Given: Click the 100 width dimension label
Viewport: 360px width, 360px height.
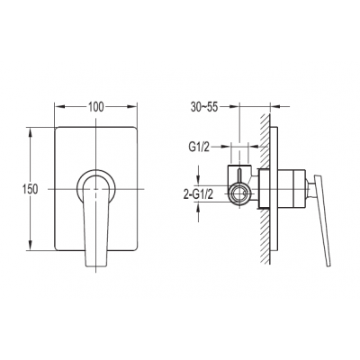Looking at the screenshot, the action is point(95,107).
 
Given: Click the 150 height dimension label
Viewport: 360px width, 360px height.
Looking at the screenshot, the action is point(30,189).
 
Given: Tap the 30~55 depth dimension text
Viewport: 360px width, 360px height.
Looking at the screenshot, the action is point(205,107).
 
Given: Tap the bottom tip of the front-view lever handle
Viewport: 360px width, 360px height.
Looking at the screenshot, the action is point(95,266).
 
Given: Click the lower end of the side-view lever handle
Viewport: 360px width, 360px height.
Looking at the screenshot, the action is point(329,265).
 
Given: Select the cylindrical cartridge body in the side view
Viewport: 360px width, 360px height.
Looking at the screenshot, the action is point(292,189).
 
